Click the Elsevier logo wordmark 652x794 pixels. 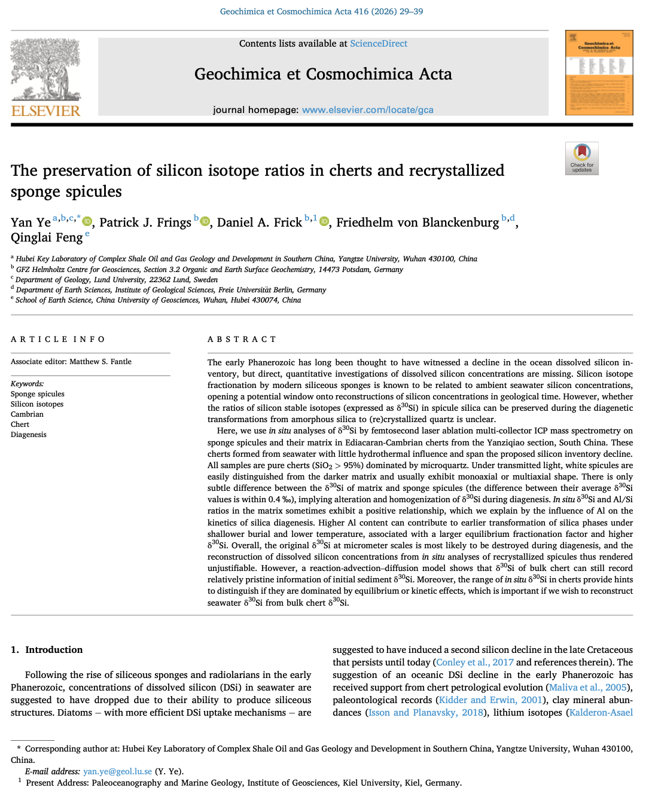pos(45,111)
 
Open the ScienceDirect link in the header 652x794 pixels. pos(378,44)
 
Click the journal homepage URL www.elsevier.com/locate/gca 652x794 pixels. pos(367,110)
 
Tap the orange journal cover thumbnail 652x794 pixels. pos(599,73)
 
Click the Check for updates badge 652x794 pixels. pos(581,158)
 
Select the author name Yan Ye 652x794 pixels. pos(31,222)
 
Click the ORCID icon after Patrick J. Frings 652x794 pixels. pos(205,222)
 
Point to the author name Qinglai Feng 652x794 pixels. pos(47,237)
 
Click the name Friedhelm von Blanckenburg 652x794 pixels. pos(417,222)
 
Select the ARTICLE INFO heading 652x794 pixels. pos(58,340)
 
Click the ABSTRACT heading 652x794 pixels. pos(242,340)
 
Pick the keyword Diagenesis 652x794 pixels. pos(28,435)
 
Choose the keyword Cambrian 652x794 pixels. pos(27,414)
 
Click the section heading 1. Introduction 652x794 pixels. pos(47,650)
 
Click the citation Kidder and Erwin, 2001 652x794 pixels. pos(490,700)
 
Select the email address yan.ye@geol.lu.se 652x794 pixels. pos(117,771)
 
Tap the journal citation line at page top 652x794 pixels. pos(321,11)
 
